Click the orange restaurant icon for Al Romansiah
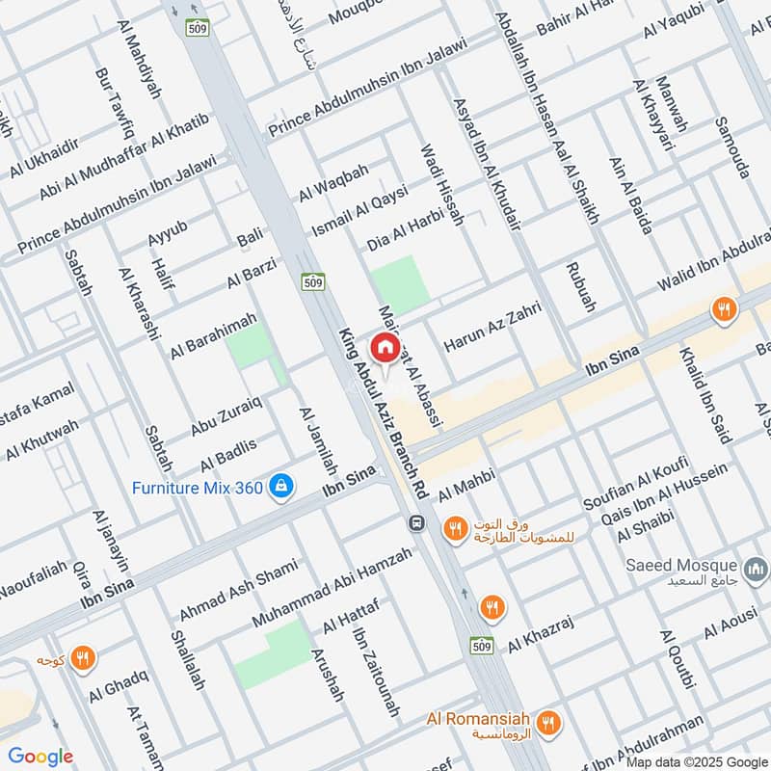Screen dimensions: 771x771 pyautogui.click(x=549, y=721)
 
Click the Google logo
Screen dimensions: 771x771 pyautogui.click(x=40, y=757)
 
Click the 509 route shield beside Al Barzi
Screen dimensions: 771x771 pyautogui.click(x=312, y=282)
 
